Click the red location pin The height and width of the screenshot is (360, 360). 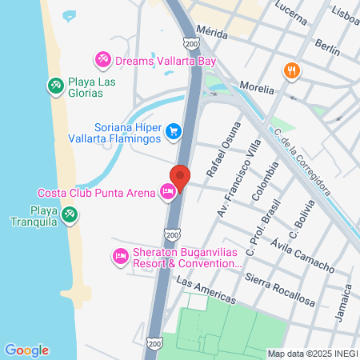click(180, 177)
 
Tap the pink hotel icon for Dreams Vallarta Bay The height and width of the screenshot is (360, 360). click(102, 59)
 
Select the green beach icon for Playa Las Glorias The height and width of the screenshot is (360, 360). click(55, 85)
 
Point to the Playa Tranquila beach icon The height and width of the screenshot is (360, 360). click(70, 214)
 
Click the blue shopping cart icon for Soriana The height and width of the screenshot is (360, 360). click(173, 130)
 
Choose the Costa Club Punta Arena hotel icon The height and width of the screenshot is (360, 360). click(167, 192)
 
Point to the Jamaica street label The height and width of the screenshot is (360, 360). click(341, 302)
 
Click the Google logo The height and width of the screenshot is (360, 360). click(26, 350)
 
